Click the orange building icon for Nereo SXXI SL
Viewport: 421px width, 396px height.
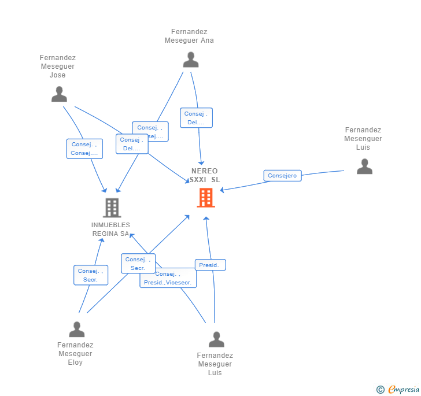(205, 198)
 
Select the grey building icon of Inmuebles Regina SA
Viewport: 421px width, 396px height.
(112, 208)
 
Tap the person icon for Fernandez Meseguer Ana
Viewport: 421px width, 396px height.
(190, 60)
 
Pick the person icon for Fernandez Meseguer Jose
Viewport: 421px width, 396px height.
(59, 94)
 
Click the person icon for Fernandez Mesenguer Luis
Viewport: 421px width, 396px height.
(364, 166)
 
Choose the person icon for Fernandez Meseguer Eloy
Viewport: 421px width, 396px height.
(76, 330)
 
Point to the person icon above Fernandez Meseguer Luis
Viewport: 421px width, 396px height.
(216, 339)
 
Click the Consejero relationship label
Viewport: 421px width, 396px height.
(282, 176)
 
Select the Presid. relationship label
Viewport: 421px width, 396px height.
(209, 265)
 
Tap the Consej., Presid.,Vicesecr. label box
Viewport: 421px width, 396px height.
(168, 278)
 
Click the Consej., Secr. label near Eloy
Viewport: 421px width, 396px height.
(91, 275)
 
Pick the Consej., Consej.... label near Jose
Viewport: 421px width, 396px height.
(84, 149)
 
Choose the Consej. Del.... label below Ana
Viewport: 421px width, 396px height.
(196, 118)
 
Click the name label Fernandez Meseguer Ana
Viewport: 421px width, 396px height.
(189, 36)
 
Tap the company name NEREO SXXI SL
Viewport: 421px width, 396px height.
(205, 175)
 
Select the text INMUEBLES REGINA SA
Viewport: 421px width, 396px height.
(110, 230)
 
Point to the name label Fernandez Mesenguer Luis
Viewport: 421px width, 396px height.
(363, 139)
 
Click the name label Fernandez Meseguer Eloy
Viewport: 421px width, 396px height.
(75, 354)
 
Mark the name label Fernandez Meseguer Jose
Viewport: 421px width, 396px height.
(58, 66)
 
